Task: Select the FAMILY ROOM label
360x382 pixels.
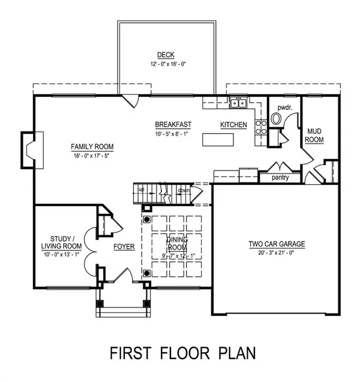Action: pos(92,147)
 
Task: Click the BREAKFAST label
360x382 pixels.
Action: pos(173,124)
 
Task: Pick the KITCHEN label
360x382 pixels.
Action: pos(233,124)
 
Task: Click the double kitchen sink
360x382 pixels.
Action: pos(238,103)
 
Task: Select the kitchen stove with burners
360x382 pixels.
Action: pos(261,126)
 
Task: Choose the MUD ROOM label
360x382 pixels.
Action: pos(315,135)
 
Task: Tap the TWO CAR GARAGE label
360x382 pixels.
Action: pos(277,244)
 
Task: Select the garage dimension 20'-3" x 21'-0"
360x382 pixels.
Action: pos(277,253)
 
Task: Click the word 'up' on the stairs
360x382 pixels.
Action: pos(142,190)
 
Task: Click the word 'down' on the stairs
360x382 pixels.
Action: pos(184,190)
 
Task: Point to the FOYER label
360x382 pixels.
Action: pos(124,246)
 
